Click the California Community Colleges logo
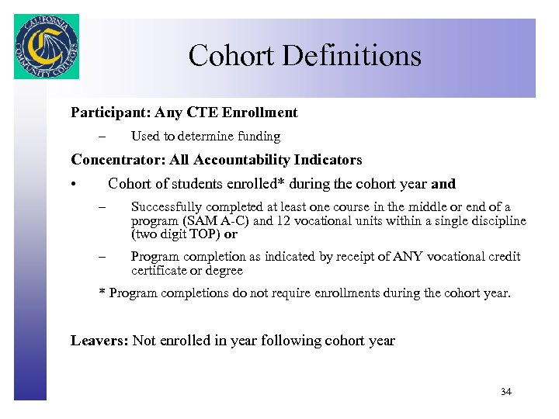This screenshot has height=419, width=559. (x=46, y=47)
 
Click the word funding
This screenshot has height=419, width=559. (x=259, y=137)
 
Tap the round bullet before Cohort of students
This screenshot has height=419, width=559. (x=71, y=185)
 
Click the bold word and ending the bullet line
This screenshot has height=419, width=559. (x=443, y=185)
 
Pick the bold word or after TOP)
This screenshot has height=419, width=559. (x=231, y=234)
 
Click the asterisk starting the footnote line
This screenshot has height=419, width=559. (x=102, y=293)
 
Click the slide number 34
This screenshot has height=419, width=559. (x=506, y=392)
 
